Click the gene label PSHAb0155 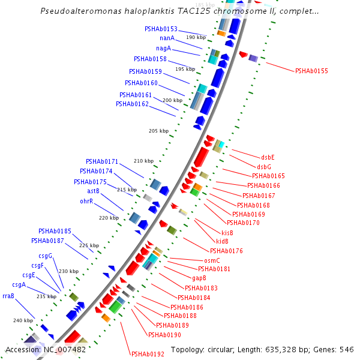pyautogui.click(x=311, y=71)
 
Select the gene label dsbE pyautogui.click(x=268, y=157)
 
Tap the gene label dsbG pyautogui.click(x=264, y=167)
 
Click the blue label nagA pyautogui.click(x=164, y=48)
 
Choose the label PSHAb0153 pyautogui.click(x=161, y=29)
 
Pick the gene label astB pyautogui.click(x=93, y=191)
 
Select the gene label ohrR pyautogui.click(x=86, y=201)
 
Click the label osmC pyautogui.click(x=212, y=260)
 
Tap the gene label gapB pyautogui.click(x=199, y=278)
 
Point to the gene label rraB pyautogui.click(x=8, y=296)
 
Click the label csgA pyautogui.click(x=19, y=285)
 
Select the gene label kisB pyautogui.click(x=227, y=232)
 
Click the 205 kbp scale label pyautogui.click(x=158, y=131)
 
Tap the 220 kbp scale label pyautogui.click(x=109, y=218)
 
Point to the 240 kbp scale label pyautogui.click(x=23, y=320)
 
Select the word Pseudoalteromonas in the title pyautogui.click(x=80, y=11)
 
